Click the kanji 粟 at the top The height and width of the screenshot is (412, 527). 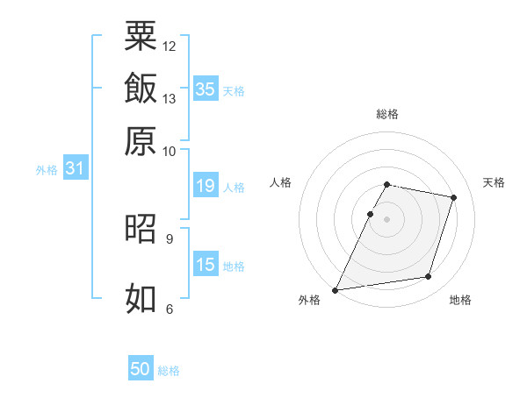(141, 35)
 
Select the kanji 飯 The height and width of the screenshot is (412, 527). (141, 88)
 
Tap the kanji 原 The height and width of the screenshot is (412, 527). (141, 141)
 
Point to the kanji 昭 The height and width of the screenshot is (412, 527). (141, 228)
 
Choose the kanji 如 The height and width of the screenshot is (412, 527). (141, 298)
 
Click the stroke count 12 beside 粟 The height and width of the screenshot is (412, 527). (169, 46)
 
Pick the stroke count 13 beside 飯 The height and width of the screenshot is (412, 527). (169, 99)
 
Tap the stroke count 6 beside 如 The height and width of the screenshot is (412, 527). (170, 309)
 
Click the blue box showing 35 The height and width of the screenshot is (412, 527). (206, 89)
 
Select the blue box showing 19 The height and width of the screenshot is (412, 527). (206, 185)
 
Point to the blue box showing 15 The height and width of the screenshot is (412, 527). (206, 263)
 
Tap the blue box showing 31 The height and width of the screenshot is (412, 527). (76, 167)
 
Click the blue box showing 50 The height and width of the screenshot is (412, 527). (141, 367)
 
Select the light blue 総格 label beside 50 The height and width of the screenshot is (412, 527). (169, 371)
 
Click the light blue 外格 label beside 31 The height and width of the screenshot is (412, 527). (47, 170)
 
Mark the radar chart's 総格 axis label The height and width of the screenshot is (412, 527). (387, 114)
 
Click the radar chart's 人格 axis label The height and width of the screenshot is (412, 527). (280, 182)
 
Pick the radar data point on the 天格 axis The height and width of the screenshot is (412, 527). (453, 197)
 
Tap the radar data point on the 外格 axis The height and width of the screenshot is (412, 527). (335, 290)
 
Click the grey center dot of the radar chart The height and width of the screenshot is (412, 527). (386, 219)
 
